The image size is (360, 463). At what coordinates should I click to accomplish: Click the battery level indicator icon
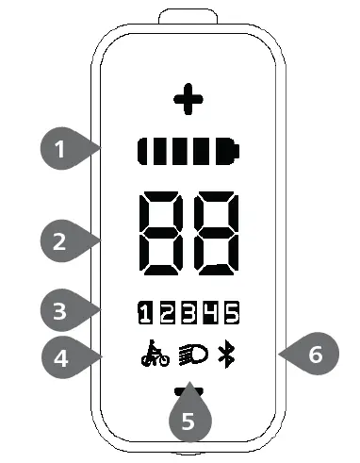pyautogui.click(x=188, y=150)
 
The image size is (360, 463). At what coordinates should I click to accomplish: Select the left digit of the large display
pyautogui.click(x=162, y=232)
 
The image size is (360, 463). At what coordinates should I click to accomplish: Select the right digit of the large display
pyautogui.click(x=213, y=232)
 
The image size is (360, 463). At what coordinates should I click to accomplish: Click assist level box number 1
pyautogui.click(x=144, y=310)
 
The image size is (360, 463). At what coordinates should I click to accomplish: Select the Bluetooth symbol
pyautogui.click(x=225, y=356)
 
